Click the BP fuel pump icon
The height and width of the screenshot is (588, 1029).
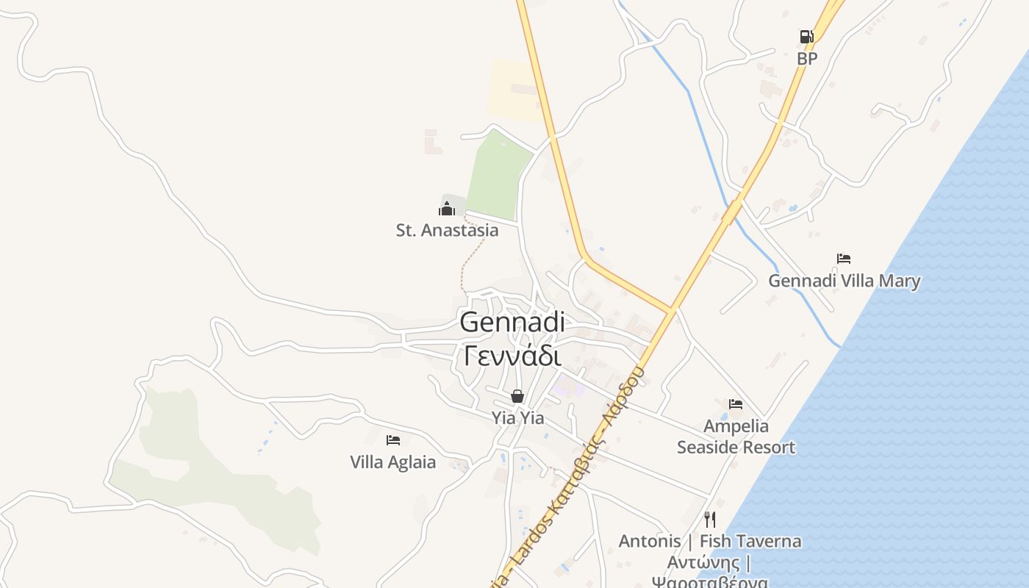coord(806,37)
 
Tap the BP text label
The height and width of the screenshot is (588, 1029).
coord(807,59)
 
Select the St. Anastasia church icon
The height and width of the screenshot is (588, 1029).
coord(447,209)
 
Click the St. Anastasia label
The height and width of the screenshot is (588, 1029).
coord(447,230)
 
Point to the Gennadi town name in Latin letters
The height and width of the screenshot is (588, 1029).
coord(512,323)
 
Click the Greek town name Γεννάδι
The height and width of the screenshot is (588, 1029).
coord(512,356)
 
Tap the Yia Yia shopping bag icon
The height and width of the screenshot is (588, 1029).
coord(517,397)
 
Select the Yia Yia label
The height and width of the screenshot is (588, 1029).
coord(517,418)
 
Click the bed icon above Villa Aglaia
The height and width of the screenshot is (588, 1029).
coord(393,440)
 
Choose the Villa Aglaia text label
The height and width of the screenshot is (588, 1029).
coord(392,462)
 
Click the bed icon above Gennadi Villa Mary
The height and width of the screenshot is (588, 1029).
coord(844,259)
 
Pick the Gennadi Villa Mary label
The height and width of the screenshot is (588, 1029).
coord(844,281)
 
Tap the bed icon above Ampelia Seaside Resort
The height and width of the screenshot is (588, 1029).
coord(736,404)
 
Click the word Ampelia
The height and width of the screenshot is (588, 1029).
coord(736,426)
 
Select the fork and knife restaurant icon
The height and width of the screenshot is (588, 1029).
coord(710,520)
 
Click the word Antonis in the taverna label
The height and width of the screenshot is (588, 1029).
coord(650,542)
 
